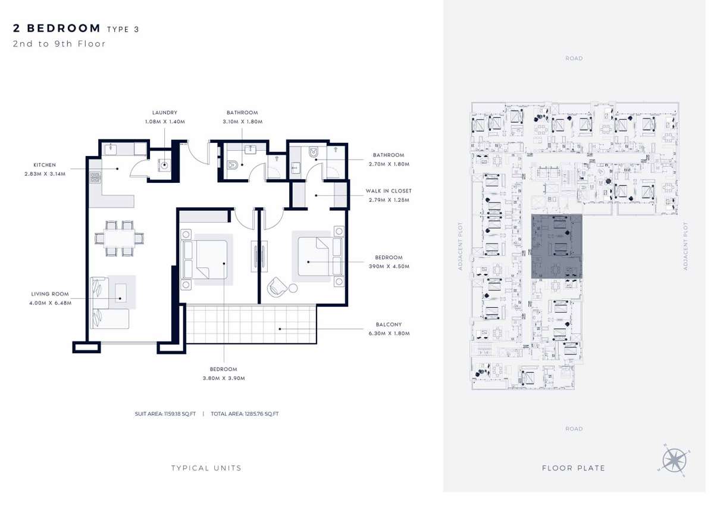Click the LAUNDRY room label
(164, 113)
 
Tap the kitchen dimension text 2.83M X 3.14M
(45, 174)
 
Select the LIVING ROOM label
(50, 294)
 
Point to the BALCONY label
(389, 325)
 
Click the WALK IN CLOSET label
(389, 191)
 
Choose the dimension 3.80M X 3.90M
(224, 378)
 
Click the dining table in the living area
(119, 238)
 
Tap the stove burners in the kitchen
(95, 177)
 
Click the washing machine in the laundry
(164, 165)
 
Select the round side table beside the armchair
(293, 288)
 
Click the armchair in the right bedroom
(277, 286)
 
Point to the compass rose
(674, 460)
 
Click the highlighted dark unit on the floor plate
(556, 247)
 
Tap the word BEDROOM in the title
(64, 28)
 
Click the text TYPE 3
(123, 29)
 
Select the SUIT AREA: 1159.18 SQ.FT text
(165, 414)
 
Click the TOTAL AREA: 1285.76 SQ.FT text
(245, 414)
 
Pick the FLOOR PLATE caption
(574, 468)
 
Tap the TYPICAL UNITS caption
(206, 468)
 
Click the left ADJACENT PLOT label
(460, 247)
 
